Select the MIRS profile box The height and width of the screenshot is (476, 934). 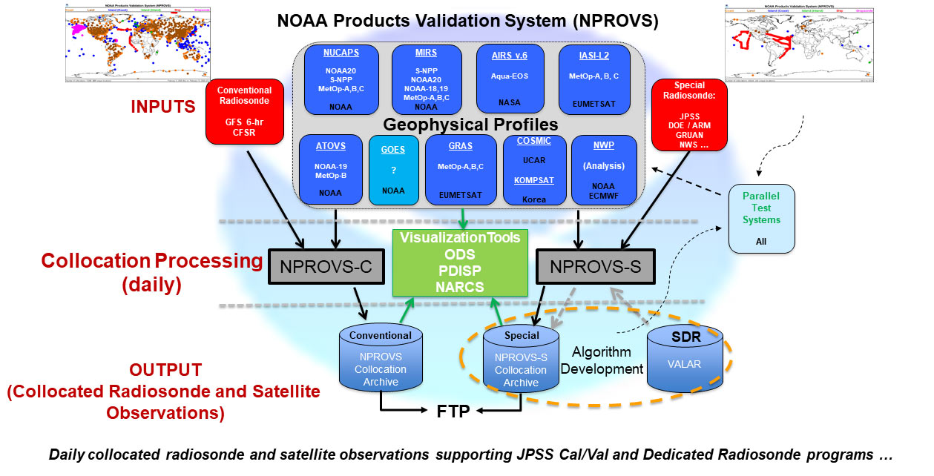(x=427, y=80)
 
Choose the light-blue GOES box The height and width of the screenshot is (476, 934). (x=393, y=171)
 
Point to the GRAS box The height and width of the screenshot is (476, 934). (x=460, y=170)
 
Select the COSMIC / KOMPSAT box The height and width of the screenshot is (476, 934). (x=534, y=170)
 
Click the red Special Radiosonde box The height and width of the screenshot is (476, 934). (x=689, y=116)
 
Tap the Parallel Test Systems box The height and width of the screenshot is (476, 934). (x=761, y=218)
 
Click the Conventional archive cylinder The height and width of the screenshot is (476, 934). (x=381, y=360)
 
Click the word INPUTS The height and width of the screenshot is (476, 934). (x=163, y=107)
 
